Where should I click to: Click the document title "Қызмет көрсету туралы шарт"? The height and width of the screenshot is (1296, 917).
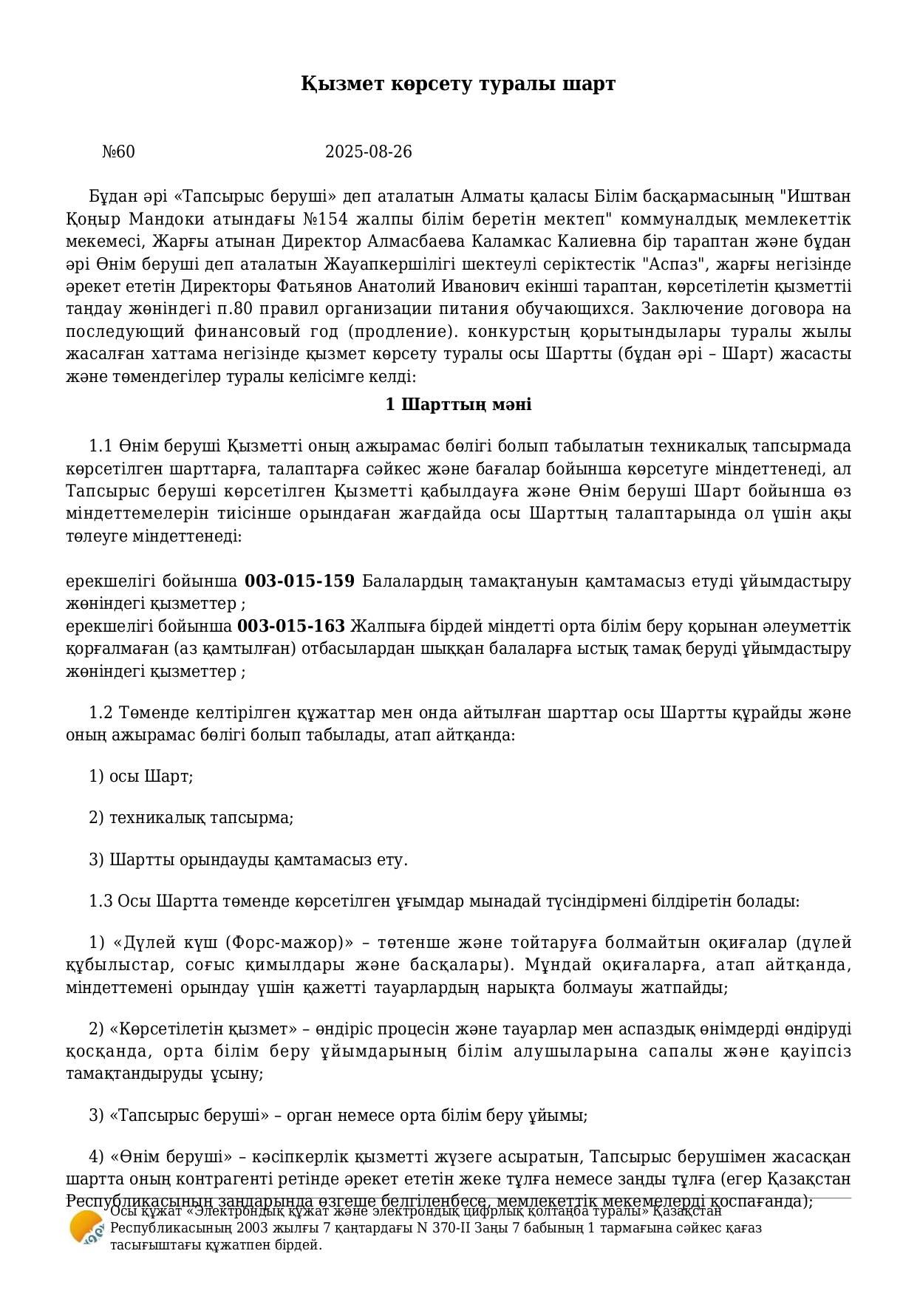tap(458, 84)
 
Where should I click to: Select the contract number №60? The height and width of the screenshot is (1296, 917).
tap(118, 152)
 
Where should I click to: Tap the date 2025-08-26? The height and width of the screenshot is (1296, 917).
tap(369, 152)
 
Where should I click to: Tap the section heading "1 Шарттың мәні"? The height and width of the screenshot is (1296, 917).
tap(458, 405)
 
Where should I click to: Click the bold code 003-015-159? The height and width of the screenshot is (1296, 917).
tap(299, 581)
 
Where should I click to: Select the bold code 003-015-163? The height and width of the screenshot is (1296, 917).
tap(291, 627)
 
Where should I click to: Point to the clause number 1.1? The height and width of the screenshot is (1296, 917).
tap(100, 446)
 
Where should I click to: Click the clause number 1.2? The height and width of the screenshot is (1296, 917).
tap(100, 713)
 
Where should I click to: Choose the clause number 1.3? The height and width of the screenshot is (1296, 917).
tap(100, 901)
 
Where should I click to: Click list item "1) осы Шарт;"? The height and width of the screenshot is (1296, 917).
tap(141, 777)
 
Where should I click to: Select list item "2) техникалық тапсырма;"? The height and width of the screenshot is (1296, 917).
tap(191, 818)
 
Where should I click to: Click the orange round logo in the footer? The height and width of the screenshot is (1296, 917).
tap(86, 1227)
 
